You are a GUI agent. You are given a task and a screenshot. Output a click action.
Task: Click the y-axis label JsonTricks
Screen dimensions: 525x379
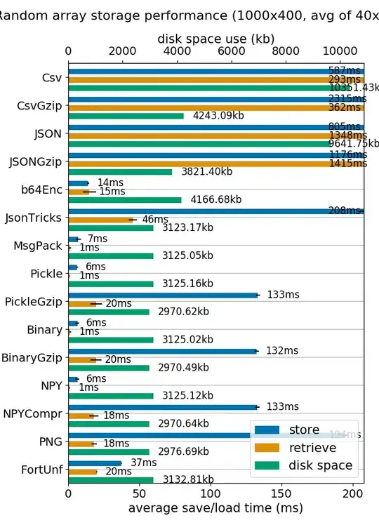coord(33,218)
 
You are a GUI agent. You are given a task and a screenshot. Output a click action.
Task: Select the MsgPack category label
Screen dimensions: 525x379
coord(37,246)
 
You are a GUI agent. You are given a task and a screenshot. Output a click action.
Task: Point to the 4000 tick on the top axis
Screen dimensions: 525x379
coord(176,51)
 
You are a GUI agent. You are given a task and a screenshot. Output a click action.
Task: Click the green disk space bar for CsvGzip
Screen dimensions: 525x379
coord(126,116)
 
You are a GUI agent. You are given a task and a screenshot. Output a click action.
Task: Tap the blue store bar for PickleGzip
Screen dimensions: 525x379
coord(163,295)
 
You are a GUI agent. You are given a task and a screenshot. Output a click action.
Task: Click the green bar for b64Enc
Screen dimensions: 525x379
coord(124,200)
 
